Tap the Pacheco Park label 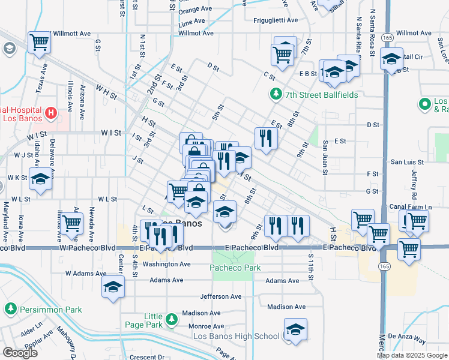coord(235,268)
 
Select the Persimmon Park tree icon coord(10,309)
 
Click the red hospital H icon coord(51,112)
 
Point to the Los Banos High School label coord(236,336)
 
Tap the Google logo coord(20,353)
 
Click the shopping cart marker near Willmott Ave coord(40,43)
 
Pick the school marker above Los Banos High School coord(295,330)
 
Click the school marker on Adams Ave coord(113,287)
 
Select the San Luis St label coord(408,162)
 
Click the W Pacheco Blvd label coord(87,248)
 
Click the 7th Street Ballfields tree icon coord(276,94)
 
